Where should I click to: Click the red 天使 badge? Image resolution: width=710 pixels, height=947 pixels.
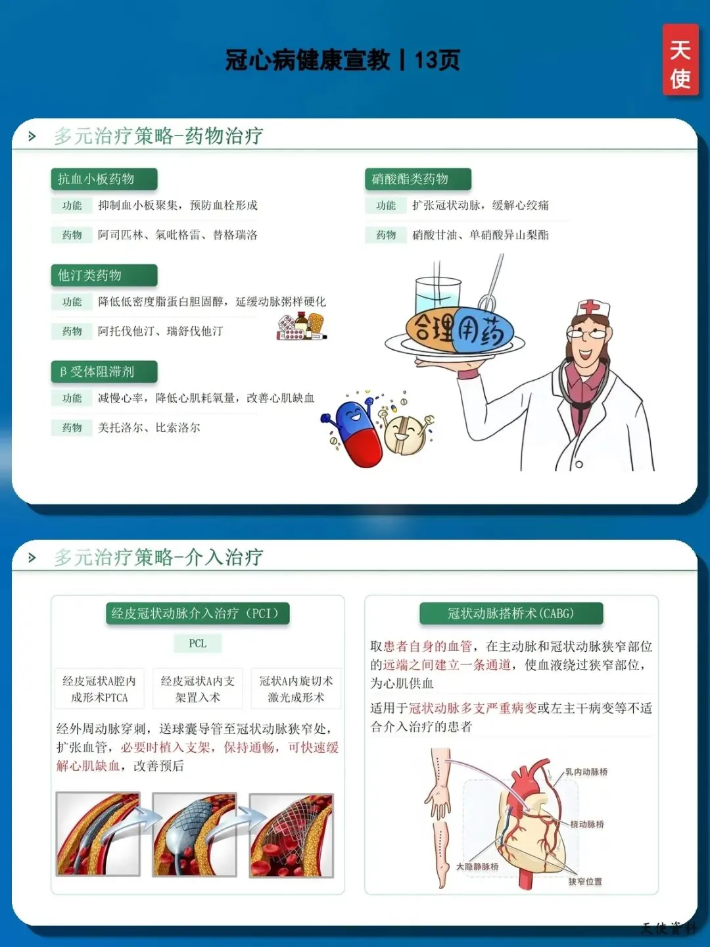tap(680, 59)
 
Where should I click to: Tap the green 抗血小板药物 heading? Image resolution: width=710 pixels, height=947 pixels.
tap(104, 179)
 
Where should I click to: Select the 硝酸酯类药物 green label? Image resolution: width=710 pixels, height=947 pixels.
tap(417, 179)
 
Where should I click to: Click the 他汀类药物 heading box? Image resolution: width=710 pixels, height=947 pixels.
tap(104, 276)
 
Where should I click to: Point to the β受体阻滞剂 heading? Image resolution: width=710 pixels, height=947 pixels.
tap(104, 372)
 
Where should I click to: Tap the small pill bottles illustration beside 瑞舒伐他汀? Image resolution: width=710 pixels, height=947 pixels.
tap(301, 327)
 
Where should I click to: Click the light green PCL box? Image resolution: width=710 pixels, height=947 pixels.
tap(197, 643)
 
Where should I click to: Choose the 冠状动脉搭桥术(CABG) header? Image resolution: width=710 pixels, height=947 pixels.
tap(511, 613)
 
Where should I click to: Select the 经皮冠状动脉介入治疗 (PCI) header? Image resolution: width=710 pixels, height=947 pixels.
tap(197, 613)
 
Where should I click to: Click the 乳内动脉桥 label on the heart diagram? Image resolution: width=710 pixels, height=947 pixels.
tap(586, 772)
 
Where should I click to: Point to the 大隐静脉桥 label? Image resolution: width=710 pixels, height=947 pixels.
tap(477, 866)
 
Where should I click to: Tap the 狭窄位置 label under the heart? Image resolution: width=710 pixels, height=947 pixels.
tap(585, 881)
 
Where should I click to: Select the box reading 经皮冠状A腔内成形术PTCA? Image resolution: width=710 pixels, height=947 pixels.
tap(99, 689)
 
